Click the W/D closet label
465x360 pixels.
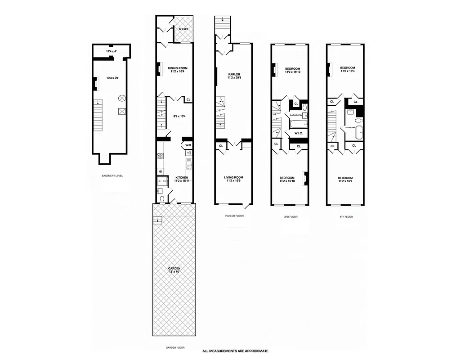click(188, 145)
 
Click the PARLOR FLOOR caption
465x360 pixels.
click(234, 216)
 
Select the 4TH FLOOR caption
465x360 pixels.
click(345, 217)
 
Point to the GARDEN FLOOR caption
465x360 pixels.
click(175, 347)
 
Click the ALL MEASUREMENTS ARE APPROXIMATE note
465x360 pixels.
click(235, 351)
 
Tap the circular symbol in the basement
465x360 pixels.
click(121, 98)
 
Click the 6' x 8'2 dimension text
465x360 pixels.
click(184, 29)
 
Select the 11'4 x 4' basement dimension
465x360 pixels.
click(111, 51)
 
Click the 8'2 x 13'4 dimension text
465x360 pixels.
click(180, 116)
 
